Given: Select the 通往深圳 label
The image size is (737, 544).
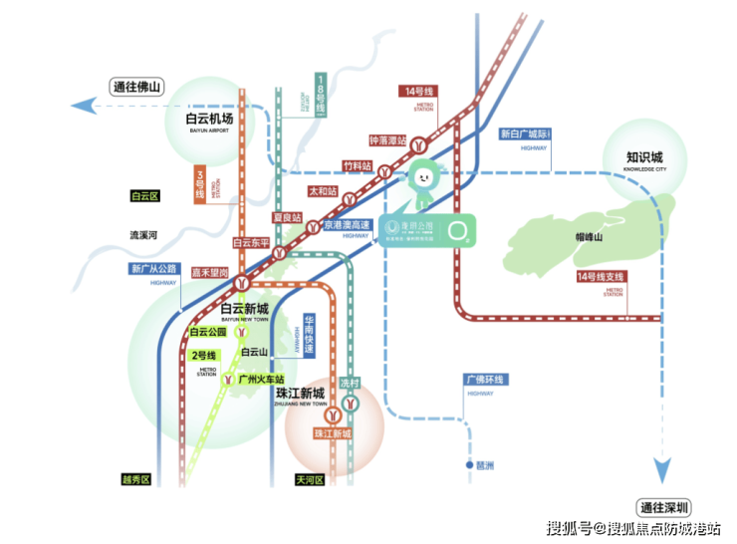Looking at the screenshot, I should coord(665,506).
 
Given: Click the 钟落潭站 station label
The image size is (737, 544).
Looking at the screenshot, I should coord(387,141).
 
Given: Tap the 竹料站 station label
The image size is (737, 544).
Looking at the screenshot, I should coord(357,165).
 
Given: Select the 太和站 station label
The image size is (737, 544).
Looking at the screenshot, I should coord(323,190).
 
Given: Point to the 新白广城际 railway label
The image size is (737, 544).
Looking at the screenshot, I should coord(525,134).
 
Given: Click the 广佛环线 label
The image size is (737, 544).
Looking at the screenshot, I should coord(486,380).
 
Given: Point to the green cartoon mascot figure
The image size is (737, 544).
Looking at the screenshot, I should coord(422,180).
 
